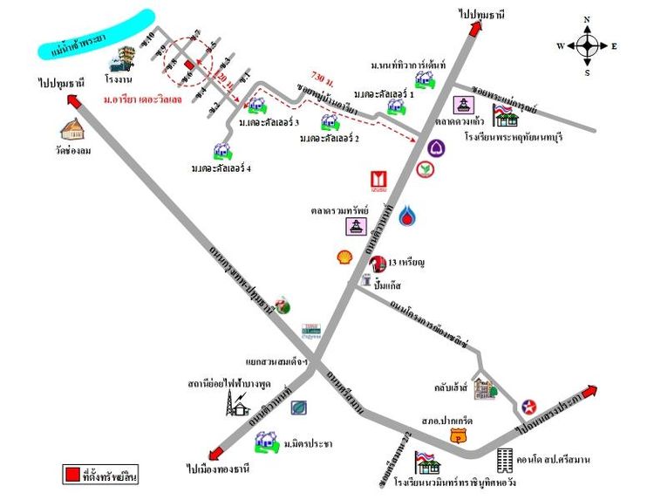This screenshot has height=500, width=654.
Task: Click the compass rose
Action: pyautogui.click(x=588, y=45)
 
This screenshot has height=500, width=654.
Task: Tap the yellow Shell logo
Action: pyautogui.click(x=346, y=257)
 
